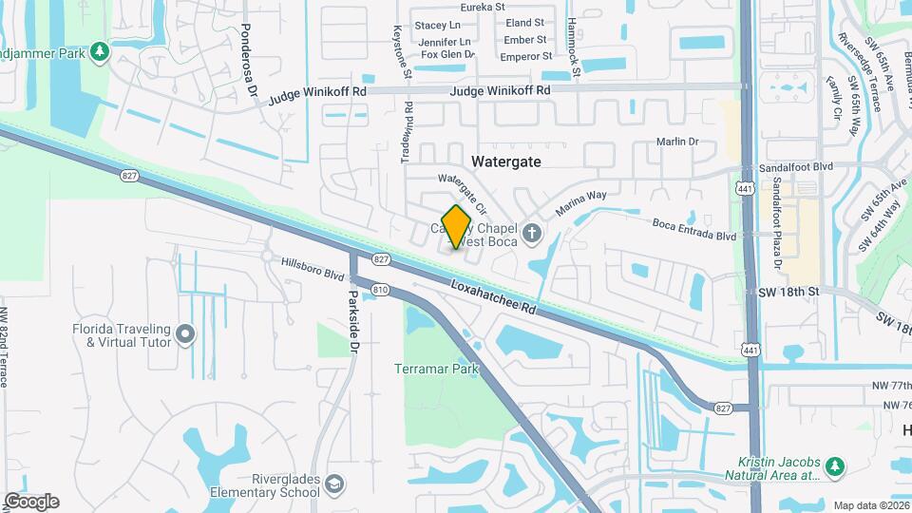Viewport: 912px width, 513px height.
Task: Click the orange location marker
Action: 457,227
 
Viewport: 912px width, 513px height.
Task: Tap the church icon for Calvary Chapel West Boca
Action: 532,232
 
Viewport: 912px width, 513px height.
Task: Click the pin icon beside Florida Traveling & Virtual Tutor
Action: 185,334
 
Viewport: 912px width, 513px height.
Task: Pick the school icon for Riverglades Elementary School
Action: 334,485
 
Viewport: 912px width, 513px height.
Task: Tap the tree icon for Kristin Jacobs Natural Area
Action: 834,466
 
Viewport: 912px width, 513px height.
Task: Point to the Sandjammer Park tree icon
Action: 101,51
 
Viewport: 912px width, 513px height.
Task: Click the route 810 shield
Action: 381,289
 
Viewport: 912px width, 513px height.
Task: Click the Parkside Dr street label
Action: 352,323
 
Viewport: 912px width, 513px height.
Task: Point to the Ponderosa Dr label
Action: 249,61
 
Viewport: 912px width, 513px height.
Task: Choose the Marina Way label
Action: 580,203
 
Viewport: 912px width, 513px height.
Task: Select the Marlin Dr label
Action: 677,142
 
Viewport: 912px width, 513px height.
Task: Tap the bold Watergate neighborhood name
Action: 506,161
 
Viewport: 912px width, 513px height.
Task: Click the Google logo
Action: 31,502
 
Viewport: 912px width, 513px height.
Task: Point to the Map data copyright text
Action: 870,505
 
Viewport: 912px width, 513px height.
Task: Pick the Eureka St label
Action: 484,7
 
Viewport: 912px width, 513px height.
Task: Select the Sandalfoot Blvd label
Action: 795,165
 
